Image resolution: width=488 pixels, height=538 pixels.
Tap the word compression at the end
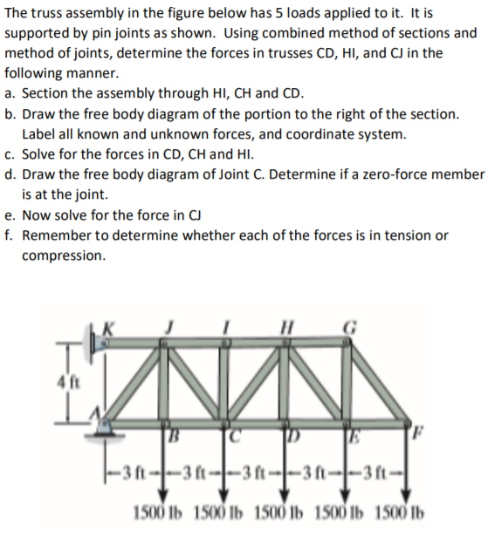[x=64, y=256]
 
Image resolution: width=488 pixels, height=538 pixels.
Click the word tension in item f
[x=404, y=236]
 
